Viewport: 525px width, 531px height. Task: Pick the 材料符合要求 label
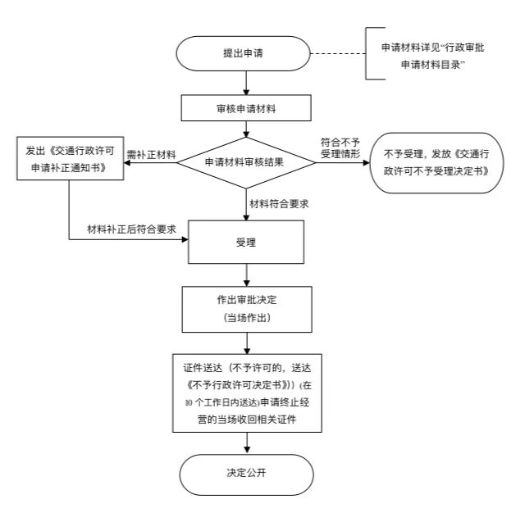click(281, 202)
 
